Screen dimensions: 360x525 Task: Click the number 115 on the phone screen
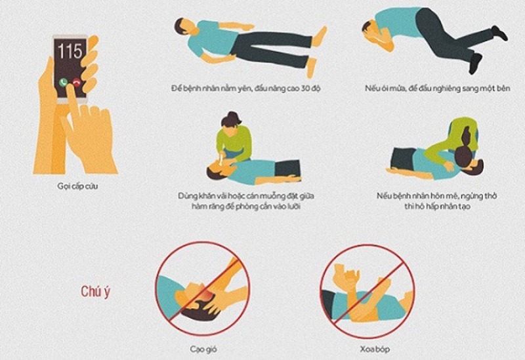coord(70,51)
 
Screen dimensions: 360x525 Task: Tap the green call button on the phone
coord(64,83)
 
